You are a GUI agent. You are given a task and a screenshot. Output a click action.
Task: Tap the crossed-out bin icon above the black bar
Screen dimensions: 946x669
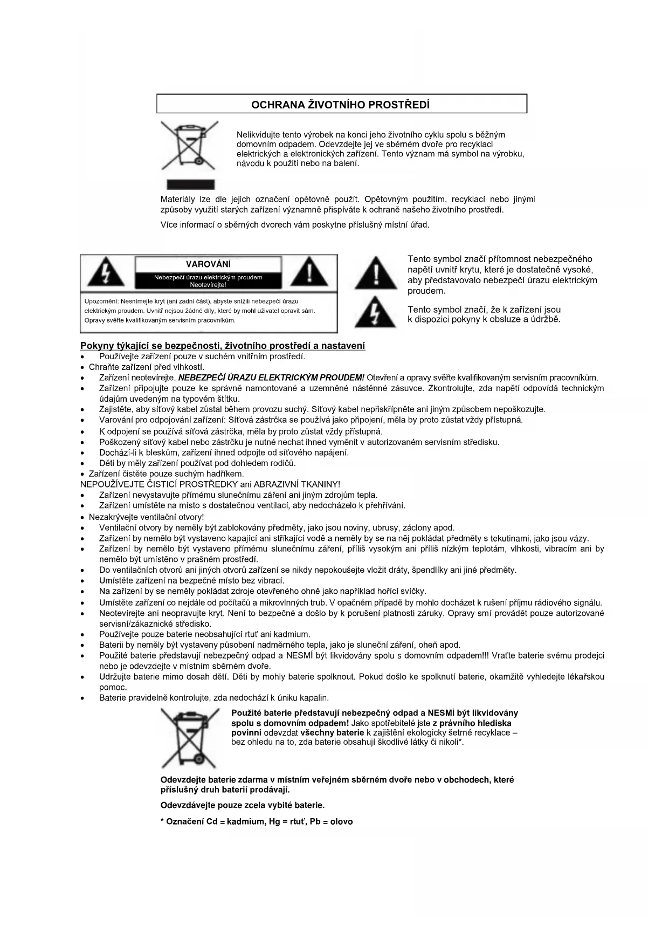coord(188,146)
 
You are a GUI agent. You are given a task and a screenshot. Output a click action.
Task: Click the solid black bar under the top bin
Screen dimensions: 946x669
coord(188,184)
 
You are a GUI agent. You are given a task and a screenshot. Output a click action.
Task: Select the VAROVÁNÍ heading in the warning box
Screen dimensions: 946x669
coord(208,264)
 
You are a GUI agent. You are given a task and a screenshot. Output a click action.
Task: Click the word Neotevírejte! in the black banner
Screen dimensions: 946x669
coord(208,285)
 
